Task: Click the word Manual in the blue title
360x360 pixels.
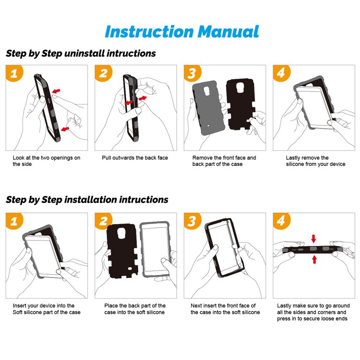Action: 228,31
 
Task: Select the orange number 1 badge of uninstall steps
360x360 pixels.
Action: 14,73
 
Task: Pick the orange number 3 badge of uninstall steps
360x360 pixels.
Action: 192,73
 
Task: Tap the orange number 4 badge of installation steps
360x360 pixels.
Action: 281,221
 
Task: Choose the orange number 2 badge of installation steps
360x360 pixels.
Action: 103,221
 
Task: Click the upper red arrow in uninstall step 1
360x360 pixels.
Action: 56,91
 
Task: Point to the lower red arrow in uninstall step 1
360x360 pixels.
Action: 65,129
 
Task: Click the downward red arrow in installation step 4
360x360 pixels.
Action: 314,239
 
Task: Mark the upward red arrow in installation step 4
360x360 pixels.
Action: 315,259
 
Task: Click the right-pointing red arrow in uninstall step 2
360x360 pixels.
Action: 142,98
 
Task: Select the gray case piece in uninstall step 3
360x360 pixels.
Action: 209,108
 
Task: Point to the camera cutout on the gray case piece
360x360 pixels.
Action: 207,91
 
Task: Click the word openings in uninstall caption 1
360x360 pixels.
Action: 62,158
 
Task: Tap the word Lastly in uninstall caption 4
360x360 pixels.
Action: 293,158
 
